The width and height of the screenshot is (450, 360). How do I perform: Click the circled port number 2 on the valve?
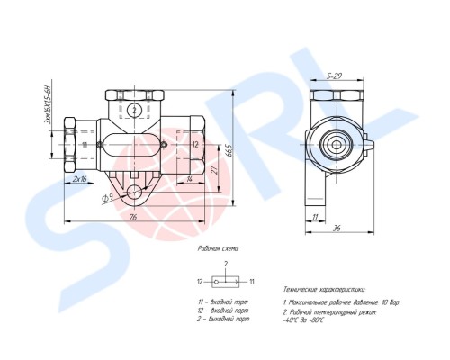click(x=133, y=110)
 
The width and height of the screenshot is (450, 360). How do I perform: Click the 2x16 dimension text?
click(x=79, y=179)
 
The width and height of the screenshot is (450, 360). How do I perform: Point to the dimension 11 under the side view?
click(x=316, y=217)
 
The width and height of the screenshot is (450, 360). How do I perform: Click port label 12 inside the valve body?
click(x=195, y=143)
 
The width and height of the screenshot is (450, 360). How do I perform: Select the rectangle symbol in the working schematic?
click(x=225, y=282)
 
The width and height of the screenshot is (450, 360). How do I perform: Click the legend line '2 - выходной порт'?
click(x=222, y=319)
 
